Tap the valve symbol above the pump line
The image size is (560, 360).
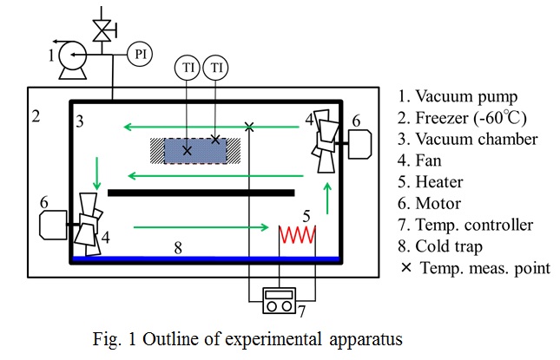105,29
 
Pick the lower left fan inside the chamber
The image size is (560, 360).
89,223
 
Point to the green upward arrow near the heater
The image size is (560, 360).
327,199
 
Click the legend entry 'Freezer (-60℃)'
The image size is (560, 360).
473,117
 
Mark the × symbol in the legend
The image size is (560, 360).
405,268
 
